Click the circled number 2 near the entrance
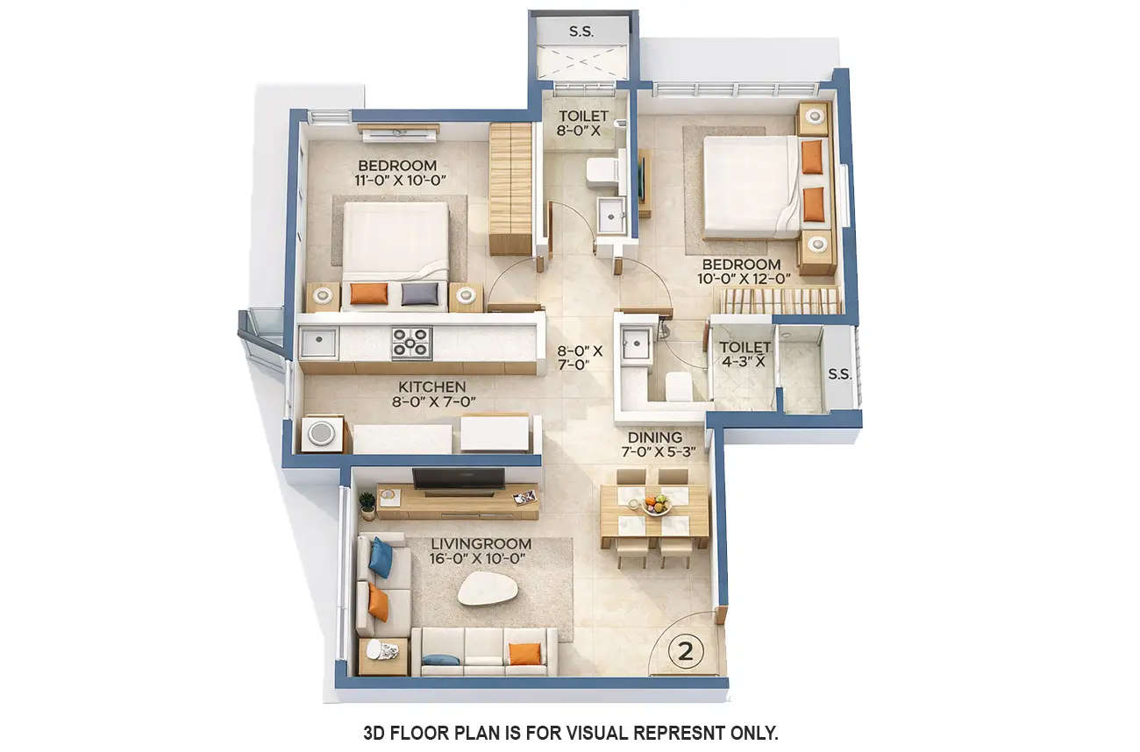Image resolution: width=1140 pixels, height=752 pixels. [x=687, y=650]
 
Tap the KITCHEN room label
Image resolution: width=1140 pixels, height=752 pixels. [x=432, y=387]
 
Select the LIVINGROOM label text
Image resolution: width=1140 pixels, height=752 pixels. [x=481, y=544]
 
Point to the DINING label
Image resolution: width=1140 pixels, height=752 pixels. [x=655, y=437]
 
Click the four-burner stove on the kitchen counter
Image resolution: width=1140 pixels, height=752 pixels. [x=411, y=343]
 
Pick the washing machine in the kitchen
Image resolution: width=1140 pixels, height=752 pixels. [x=322, y=433]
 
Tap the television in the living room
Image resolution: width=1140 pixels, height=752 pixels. [x=459, y=478]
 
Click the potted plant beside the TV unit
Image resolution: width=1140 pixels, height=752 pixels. [x=367, y=504]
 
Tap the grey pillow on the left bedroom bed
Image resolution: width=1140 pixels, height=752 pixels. [x=420, y=294]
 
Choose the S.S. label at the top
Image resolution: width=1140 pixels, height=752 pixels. [x=581, y=32]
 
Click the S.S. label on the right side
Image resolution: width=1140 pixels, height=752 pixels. [x=839, y=374]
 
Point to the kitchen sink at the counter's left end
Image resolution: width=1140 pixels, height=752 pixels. [x=318, y=342]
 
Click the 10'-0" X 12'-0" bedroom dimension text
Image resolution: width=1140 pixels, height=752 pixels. [x=745, y=278]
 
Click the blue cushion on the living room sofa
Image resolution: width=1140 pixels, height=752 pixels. [x=381, y=557]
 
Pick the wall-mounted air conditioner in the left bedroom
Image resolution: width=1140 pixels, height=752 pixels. [x=398, y=133]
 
